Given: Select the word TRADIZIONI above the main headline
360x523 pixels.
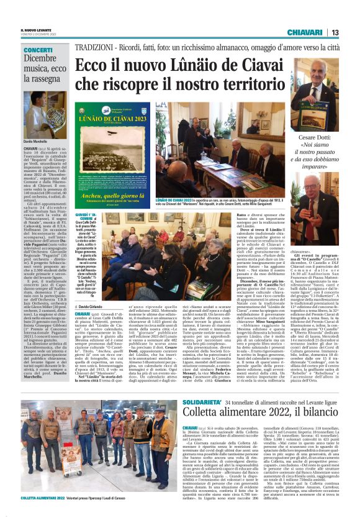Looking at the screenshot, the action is pyautogui.click(x=92, y=47).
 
